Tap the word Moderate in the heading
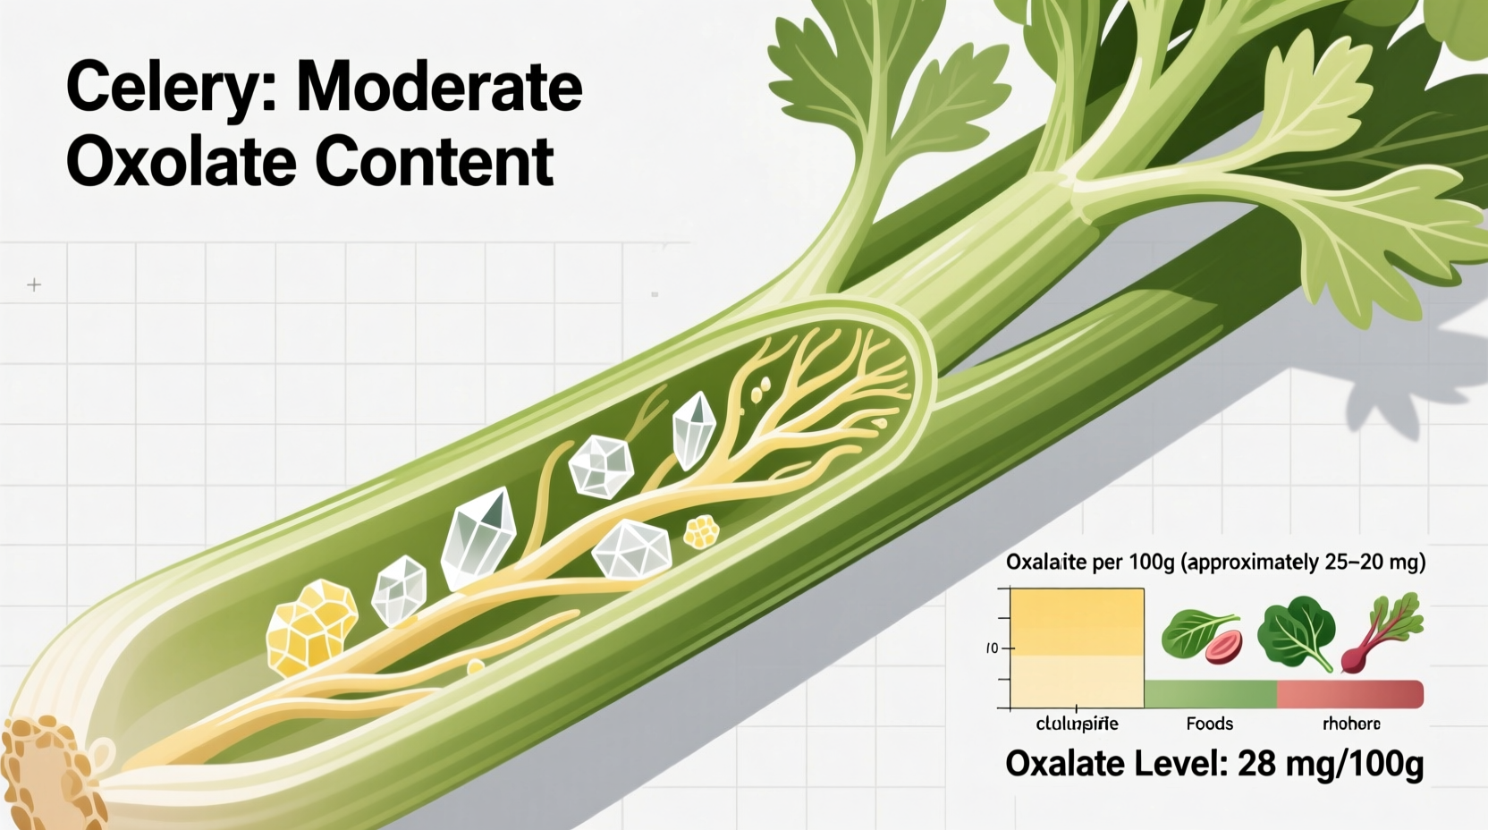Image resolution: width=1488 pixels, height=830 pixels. click(439, 87)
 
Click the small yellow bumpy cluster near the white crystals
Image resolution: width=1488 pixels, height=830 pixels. click(701, 532)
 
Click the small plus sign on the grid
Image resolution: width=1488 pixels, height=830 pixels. click(34, 284)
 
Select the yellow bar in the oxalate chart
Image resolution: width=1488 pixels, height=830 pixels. click(1077, 647)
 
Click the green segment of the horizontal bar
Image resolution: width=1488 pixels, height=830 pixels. click(1210, 694)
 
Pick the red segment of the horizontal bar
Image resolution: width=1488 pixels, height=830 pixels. click(1349, 694)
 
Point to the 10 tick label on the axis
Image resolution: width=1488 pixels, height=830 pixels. click(992, 648)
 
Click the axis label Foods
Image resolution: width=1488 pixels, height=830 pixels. click(1209, 724)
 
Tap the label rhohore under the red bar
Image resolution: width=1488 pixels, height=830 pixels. click(1351, 724)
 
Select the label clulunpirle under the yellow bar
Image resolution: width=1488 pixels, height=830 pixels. click(1077, 724)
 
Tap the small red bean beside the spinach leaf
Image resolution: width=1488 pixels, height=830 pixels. click(1223, 647)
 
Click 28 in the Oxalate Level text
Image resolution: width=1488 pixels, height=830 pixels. click(1256, 765)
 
